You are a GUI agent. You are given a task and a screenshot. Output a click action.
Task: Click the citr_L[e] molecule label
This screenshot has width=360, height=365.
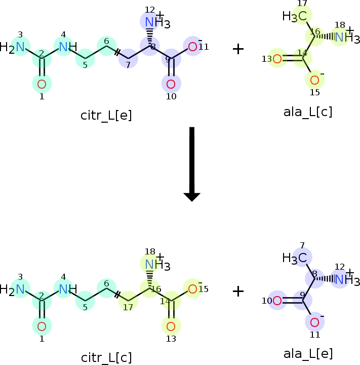[106, 116]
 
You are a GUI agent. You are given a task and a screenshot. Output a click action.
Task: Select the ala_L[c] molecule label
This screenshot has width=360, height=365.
[308, 112]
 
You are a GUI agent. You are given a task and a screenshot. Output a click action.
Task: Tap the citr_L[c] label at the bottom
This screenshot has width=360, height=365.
[106, 358]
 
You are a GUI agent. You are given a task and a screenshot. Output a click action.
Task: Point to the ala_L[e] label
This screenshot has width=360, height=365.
[308, 354]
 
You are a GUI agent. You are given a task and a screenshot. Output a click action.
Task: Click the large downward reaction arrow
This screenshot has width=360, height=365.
[192, 164]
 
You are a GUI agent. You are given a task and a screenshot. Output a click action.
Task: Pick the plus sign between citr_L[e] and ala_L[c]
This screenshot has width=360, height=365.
[238, 49]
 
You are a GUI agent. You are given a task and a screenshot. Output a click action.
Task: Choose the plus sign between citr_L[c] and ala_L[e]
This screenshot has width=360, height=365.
[238, 291]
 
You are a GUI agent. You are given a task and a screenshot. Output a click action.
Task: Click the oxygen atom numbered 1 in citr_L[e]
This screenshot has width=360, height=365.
[42, 84]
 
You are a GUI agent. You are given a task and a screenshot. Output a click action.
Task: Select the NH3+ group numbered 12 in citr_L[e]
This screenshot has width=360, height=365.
[157, 21]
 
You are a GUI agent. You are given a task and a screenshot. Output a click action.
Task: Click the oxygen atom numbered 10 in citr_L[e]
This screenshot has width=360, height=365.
[171, 84]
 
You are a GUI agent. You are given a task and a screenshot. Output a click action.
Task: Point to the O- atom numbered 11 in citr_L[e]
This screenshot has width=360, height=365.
[195, 46]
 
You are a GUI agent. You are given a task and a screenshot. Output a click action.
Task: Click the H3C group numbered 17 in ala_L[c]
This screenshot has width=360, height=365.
[294, 17]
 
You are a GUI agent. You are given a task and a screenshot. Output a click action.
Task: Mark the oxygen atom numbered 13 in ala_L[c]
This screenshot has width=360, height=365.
[277, 59]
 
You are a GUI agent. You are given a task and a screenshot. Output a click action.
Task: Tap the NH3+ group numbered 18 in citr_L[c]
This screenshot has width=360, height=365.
[157, 264]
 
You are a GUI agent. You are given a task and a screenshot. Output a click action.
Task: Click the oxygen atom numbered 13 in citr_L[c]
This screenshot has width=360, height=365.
[171, 326]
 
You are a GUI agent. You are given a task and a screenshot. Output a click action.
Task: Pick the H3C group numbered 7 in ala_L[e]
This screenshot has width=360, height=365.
[294, 259]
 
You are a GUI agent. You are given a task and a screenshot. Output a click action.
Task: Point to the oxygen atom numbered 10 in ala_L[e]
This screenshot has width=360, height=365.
[277, 301]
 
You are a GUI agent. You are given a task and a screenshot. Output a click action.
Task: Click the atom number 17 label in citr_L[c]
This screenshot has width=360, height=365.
[128, 307]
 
